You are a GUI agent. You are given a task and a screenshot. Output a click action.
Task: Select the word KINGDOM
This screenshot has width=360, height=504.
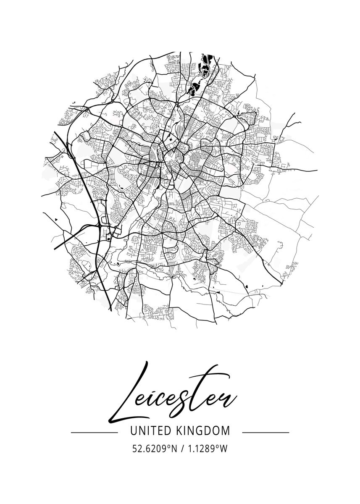click(x=203, y=430)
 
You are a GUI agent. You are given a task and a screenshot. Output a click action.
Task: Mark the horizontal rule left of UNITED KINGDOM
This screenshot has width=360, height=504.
click(x=94, y=432)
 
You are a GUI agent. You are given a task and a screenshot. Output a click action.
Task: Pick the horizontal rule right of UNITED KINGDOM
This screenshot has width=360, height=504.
click(x=266, y=432)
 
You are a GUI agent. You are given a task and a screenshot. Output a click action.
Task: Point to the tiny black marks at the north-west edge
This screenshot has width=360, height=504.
click(x=73, y=102)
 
